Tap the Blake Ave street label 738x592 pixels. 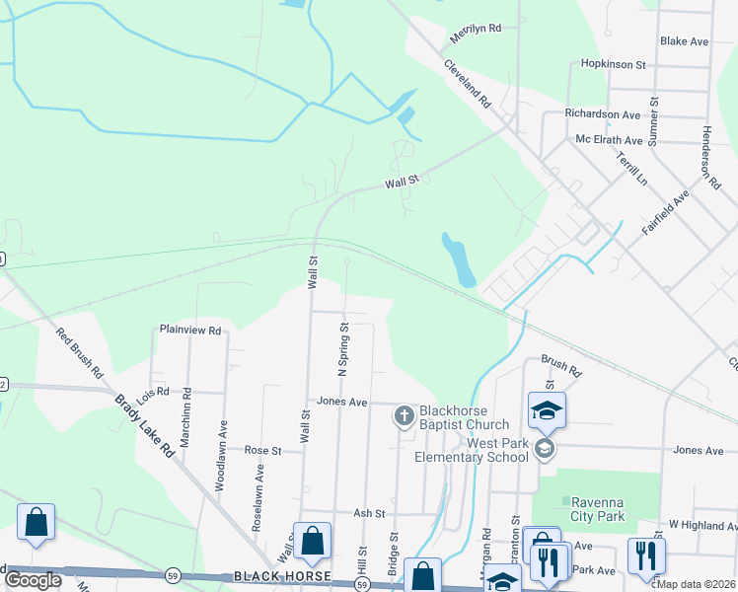click(685, 41)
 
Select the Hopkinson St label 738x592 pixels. click(613, 64)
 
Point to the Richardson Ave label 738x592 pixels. click(603, 114)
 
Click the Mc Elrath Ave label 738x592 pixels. click(609, 140)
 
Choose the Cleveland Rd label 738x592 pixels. click(467, 83)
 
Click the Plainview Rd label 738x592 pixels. click(190, 331)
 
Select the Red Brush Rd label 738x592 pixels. click(79, 354)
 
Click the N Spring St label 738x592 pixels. click(343, 350)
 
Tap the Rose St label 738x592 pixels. click(263, 450)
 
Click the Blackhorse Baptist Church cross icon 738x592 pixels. click(404, 417)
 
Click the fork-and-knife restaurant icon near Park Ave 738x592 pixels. click(646, 555)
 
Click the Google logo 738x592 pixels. click(34, 579)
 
